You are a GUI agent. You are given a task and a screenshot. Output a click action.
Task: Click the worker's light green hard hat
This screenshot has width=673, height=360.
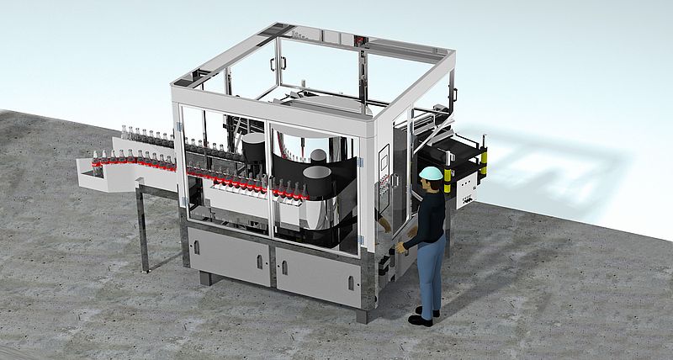431,172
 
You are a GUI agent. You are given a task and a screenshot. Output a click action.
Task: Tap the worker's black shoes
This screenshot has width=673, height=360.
422,317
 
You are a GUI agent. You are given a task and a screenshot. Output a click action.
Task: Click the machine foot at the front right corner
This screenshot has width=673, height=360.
362,315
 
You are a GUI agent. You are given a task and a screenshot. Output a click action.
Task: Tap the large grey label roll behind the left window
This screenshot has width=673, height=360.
253,151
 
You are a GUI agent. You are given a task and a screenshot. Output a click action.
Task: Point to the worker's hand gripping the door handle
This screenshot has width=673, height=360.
402,248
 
